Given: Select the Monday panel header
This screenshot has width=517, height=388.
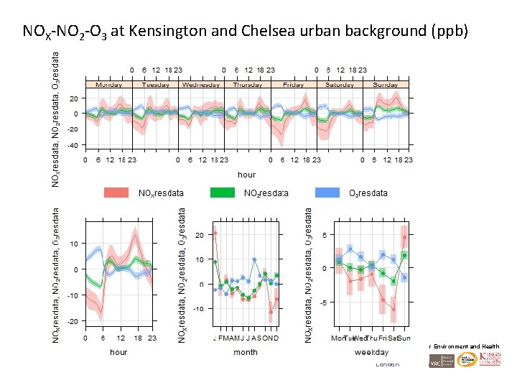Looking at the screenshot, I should tap(108, 84).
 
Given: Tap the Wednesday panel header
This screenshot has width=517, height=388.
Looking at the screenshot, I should tap(201, 84).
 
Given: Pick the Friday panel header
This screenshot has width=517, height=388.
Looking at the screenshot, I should tap(293, 84).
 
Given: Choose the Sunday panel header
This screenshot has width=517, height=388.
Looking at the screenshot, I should tap(386, 84).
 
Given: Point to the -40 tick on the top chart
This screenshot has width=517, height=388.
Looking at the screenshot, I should tap(73, 144).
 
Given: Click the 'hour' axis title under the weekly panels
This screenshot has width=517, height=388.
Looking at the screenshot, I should tap(246, 175).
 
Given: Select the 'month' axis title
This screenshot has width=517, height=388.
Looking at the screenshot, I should tap(246, 352).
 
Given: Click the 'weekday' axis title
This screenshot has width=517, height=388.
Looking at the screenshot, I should tap(371, 352).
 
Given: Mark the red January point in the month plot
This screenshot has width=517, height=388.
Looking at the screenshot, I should tap(215, 234).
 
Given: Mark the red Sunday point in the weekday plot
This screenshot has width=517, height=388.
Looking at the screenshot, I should tap(405, 237).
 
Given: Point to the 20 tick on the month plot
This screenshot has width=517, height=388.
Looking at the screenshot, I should tap(200, 235).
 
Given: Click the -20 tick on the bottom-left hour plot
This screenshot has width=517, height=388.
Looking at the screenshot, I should tap(73, 321).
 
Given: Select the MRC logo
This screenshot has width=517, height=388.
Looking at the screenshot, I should tap(437, 362).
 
